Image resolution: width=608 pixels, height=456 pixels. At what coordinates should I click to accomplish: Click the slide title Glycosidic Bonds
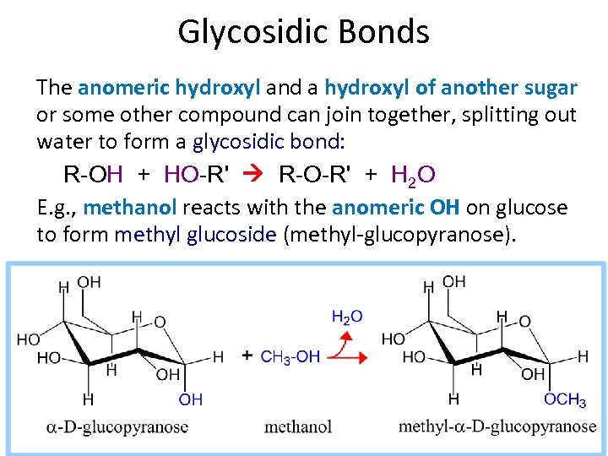click(x=303, y=32)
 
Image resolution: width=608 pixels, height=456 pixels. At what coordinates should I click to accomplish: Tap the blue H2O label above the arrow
click(x=347, y=317)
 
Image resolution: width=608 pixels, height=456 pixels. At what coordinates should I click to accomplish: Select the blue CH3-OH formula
click(x=290, y=356)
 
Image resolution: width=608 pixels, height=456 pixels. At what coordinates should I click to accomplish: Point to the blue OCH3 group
click(x=565, y=399)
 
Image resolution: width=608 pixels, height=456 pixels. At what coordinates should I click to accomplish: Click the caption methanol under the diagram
click(x=298, y=426)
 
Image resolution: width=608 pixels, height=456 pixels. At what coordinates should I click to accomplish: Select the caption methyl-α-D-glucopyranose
click(x=497, y=426)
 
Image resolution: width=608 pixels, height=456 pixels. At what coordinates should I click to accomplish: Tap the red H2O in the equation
click(x=414, y=175)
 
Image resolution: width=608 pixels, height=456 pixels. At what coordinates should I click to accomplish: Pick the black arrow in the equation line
click(x=254, y=175)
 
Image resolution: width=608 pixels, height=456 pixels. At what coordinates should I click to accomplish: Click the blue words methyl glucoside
click(x=195, y=234)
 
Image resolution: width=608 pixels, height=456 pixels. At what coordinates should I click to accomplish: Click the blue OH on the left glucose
click(x=191, y=399)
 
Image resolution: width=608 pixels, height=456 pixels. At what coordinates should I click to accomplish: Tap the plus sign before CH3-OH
click(x=247, y=356)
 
